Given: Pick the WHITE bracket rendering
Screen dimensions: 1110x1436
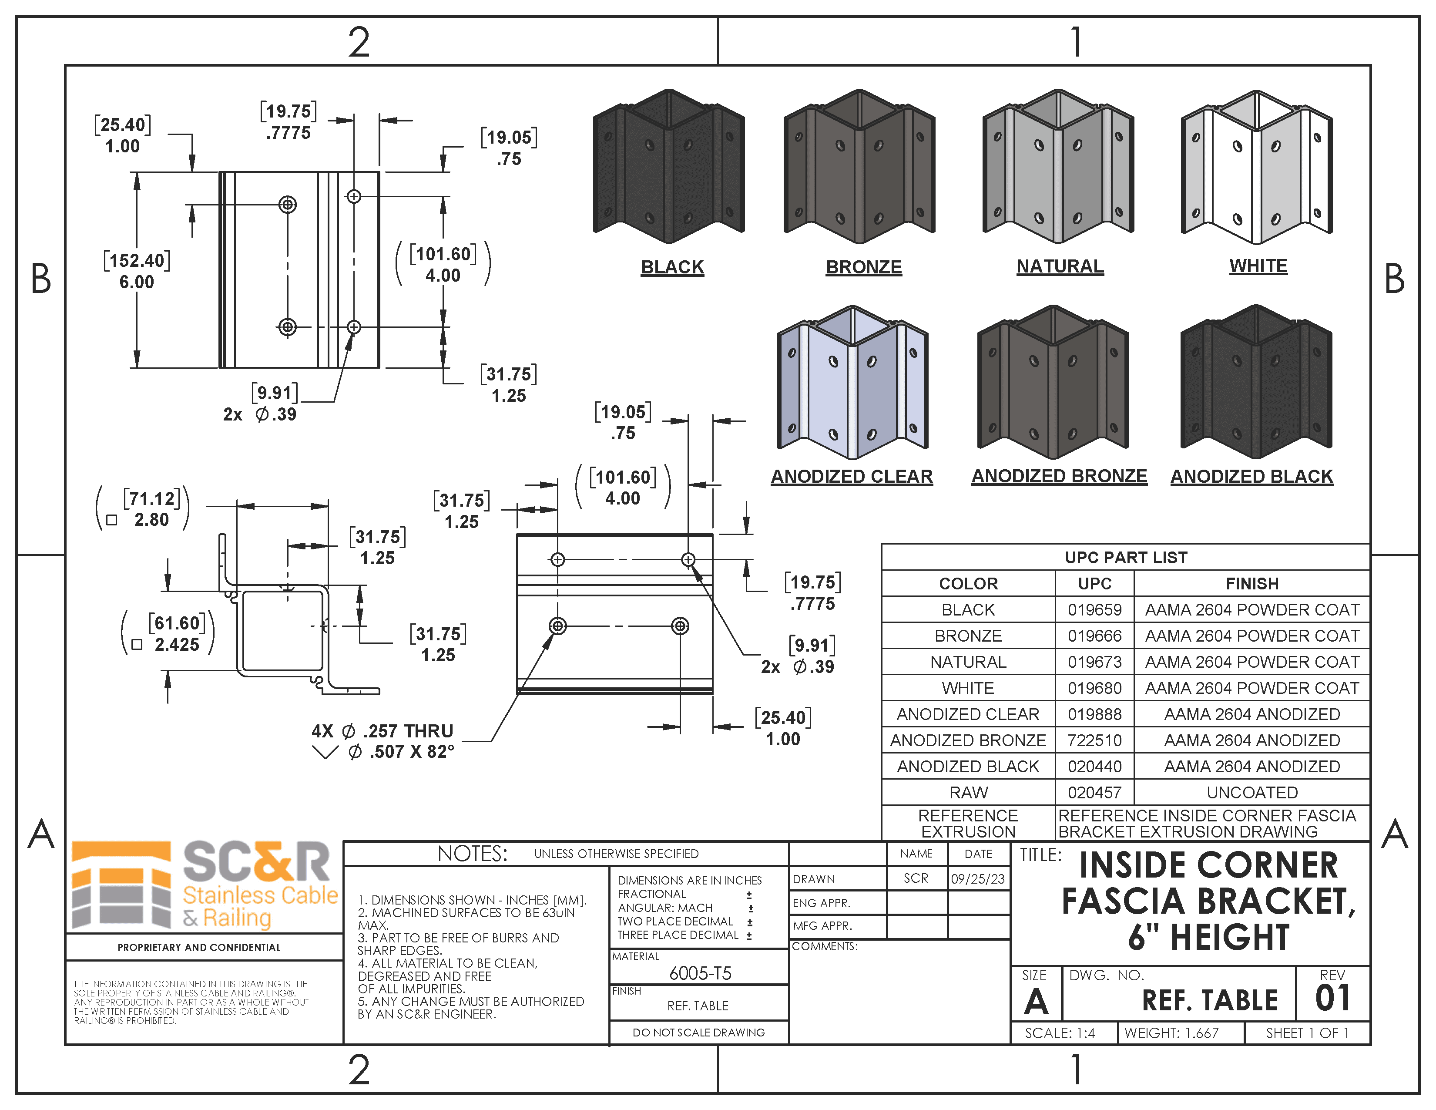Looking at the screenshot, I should [x=1257, y=168].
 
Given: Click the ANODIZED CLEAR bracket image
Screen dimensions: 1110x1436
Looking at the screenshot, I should [x=852, y=383].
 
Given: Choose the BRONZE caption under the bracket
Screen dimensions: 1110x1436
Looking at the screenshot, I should [x=863, y=267].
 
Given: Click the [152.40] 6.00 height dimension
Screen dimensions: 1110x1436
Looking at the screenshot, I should [x=137, y=271].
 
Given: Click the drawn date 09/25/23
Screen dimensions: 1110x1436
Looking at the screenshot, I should [x=978, y=878].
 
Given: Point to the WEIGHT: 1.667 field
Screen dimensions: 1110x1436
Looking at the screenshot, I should [x=1171, y=1033].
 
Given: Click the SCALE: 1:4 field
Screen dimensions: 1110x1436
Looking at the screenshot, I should [x=1060, y=1033].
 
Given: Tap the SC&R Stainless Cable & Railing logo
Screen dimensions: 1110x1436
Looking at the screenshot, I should [x=204, y=885].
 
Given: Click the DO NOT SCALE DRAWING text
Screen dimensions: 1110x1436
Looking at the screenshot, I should [x=698, y=1033].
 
